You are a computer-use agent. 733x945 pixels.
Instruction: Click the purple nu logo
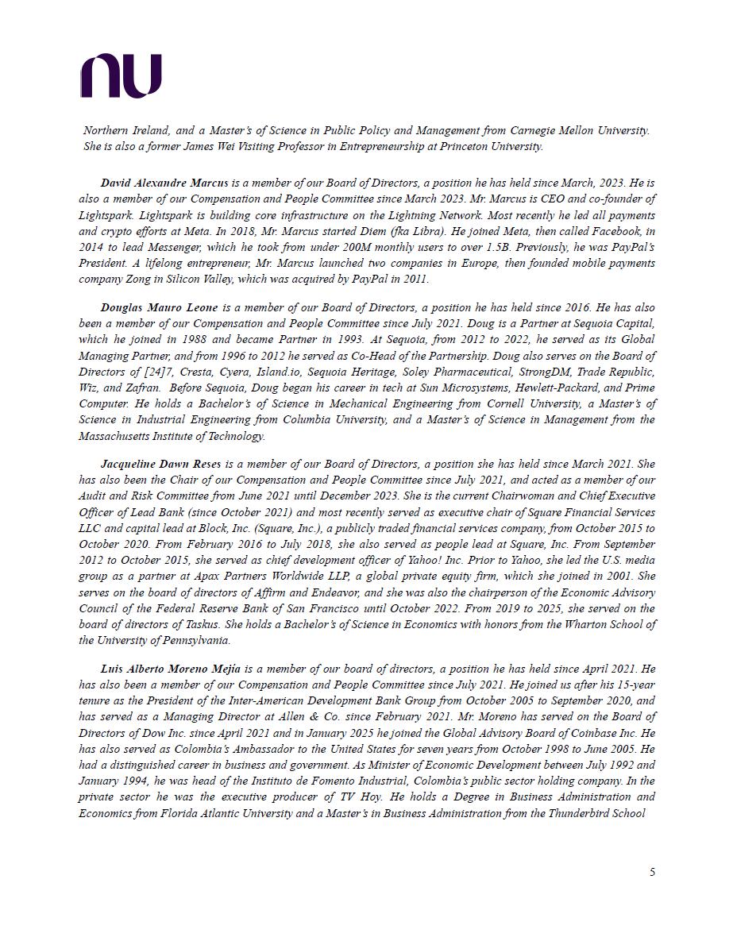[121, 75]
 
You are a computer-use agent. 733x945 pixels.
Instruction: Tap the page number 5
[652, 872]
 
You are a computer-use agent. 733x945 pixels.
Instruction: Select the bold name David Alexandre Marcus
[164, 183]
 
